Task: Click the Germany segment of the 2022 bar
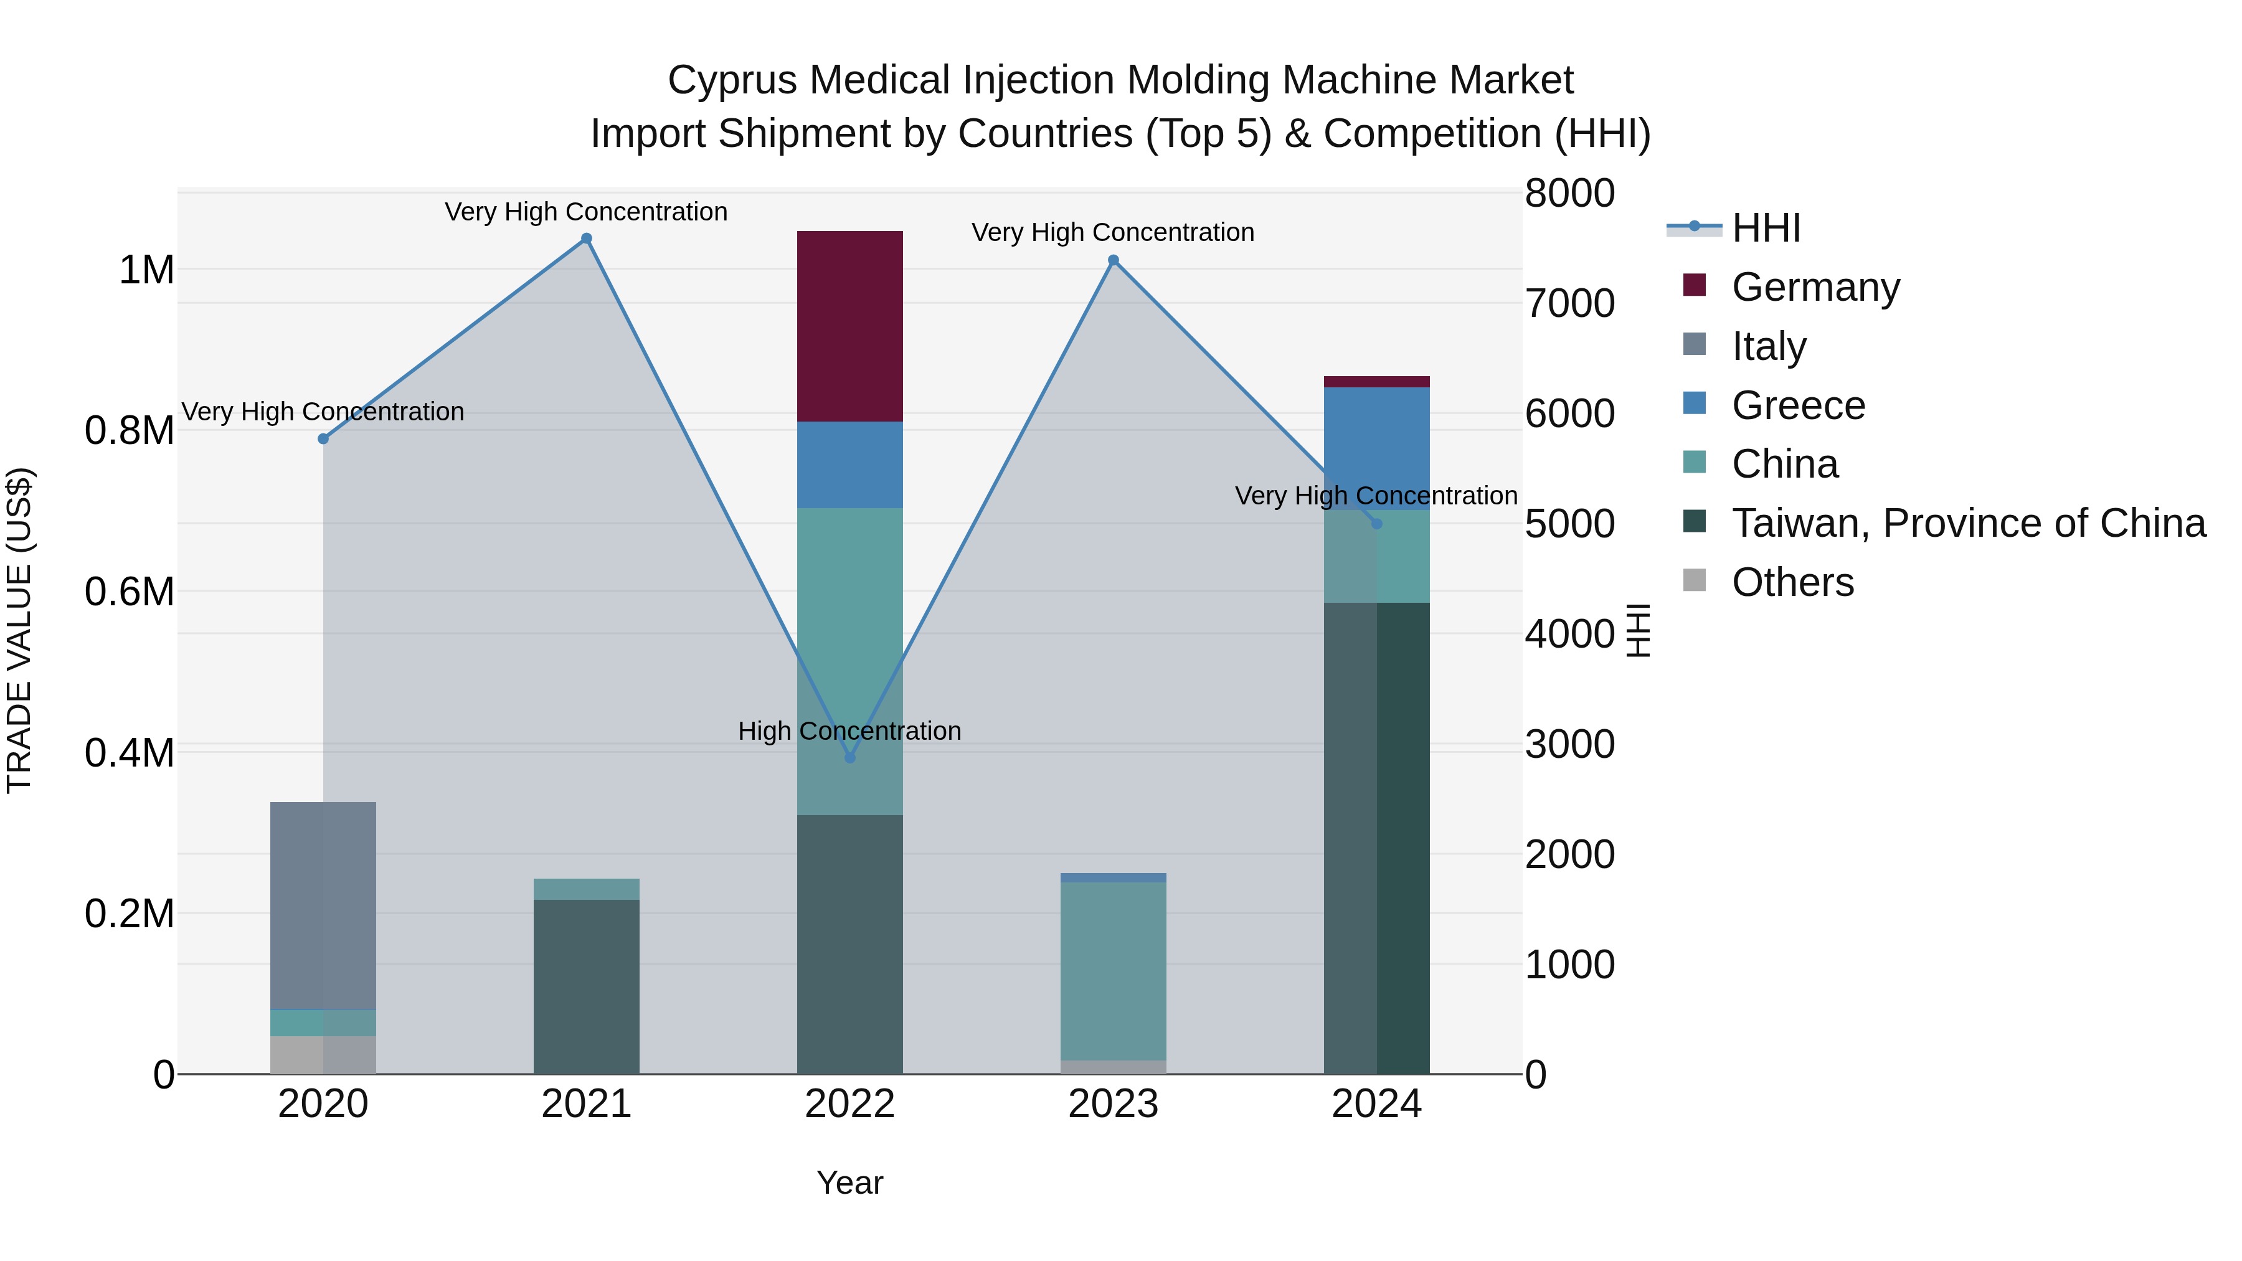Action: [x=849, y=326]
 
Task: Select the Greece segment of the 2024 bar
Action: [x=1376, y=444]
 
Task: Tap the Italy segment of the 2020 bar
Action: [x=323, y=905]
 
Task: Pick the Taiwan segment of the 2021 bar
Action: [x=586, y=986]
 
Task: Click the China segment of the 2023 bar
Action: [x=1112, y=970]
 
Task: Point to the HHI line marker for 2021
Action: [x=586, y=239]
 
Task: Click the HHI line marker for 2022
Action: [x=849, y=758]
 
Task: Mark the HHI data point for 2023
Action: [x=1112, y=260]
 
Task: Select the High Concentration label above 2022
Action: [x=849, y=731]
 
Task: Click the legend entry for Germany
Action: [x=1815, y=287]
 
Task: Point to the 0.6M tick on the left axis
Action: [x=129, y=592]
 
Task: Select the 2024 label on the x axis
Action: [x=1376, y=1104]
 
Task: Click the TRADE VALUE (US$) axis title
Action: [x=19, y=630]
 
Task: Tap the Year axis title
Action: [x=849, y=1183]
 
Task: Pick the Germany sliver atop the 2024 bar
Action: [x=1376, y=381]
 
